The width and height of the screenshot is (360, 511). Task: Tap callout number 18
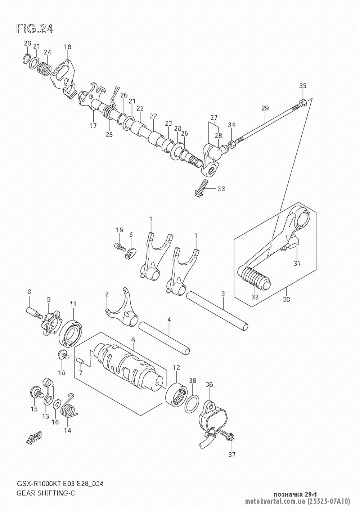point(68,46)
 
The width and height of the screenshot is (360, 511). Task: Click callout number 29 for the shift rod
point(265,108)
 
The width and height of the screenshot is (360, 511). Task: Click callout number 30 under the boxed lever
point(287,299)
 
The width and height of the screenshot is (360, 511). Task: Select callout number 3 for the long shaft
point(223,294)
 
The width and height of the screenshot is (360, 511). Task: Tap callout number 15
point(34,409)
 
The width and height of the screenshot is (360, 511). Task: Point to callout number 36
point(209,385)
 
